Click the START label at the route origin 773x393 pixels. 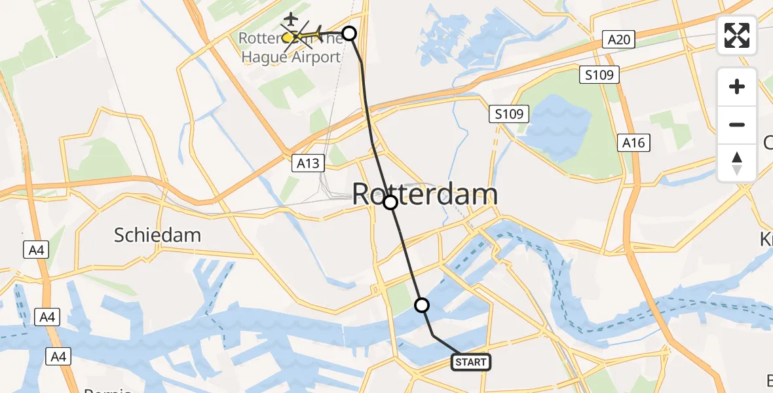[x=471, y=362]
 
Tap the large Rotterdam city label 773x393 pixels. [x=425, y=195]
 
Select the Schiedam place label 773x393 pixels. [x=157, y=235]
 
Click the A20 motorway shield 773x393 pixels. [x=618, y=40]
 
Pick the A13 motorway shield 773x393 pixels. [x=308, y=163]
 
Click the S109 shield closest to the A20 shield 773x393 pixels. [x=599, y=75]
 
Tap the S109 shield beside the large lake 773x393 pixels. [x=509, y=115]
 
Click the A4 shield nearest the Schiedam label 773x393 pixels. [x=35, y=250]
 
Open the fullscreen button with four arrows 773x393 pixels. [x=737, y=35]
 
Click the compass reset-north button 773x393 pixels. [x=737, y=163]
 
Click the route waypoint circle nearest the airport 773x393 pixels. [x=349, y=33]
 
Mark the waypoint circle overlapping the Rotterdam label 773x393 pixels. [x=390, y=202]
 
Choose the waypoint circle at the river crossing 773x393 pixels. [x=422, y=305]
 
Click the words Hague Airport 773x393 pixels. [x=291, y=57]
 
